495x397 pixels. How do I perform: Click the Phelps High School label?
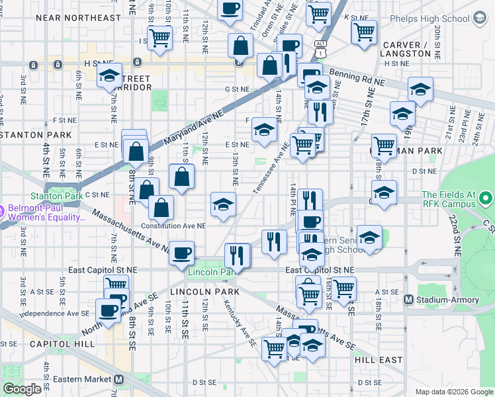tap(429, 19)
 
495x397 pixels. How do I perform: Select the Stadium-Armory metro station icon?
tap(409, 300)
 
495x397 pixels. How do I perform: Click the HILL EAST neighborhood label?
tap(378, 359)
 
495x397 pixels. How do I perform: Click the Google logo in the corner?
tap(22, 389)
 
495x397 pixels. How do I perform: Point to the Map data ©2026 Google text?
tap(453, 392)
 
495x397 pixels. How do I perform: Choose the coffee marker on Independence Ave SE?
tap(108, 310)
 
